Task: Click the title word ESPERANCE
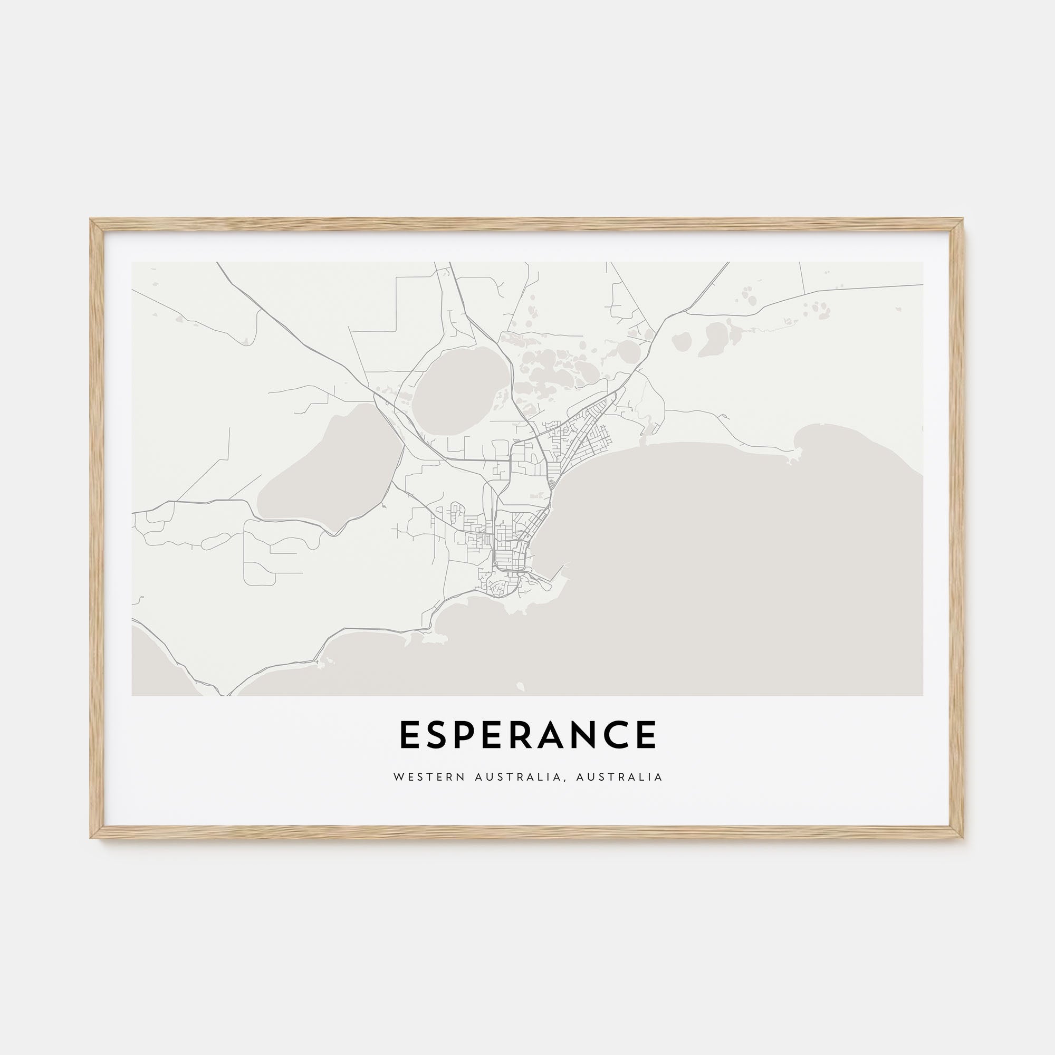pyautogui.click(x=527, y=734)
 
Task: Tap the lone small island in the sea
pyautogui.click(x=519, y=685)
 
